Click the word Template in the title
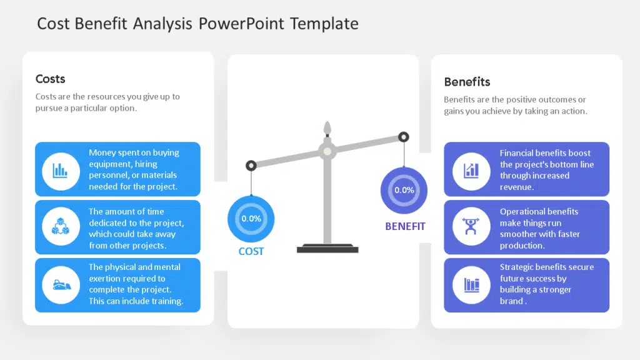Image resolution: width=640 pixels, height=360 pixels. (324, 24)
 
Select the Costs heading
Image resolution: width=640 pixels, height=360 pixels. (50, 79)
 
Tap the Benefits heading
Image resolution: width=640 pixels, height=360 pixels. (467, 82)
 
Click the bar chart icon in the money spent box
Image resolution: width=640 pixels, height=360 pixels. (61, 171)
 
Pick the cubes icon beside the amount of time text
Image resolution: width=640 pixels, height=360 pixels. (61, 226)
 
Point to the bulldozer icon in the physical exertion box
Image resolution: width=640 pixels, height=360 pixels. (62, 284)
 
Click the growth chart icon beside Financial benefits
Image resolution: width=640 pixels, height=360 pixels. (471, 171)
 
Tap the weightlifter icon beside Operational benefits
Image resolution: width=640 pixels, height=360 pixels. (471, 226)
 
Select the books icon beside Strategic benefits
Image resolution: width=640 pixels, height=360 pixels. (471, 285)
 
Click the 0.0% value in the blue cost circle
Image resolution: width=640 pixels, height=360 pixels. (251, 219)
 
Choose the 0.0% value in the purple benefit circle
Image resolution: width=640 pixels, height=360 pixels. (404, 190)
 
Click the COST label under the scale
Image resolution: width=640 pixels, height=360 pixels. (251, 251)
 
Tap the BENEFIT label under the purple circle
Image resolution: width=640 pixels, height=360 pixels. (405, 226)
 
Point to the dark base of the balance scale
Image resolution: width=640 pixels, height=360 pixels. (327, 249)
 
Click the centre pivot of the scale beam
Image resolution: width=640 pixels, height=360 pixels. (327, 151)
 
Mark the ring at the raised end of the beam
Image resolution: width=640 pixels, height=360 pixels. (404, 137)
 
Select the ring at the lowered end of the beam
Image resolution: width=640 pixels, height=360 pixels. (251, 165)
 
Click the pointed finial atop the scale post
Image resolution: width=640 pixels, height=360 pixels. (327, 128)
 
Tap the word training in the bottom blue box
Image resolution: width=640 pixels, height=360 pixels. (166, 301)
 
